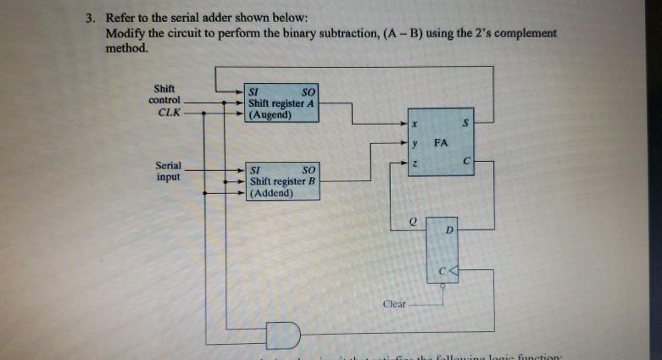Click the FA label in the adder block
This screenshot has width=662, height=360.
coord(440,142)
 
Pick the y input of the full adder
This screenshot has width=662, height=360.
coord(415,142)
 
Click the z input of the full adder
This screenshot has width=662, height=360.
coord(415,161)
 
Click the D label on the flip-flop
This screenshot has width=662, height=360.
coord(450,230)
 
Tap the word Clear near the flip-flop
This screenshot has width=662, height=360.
coord(395,303)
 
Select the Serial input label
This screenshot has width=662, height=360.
coord(167,171)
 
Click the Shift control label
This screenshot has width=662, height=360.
coord(164,94)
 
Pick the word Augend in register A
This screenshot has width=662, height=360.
coord(270,115)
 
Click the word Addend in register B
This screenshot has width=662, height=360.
coord(271,193)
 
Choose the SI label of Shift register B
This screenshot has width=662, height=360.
coord(254,170)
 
